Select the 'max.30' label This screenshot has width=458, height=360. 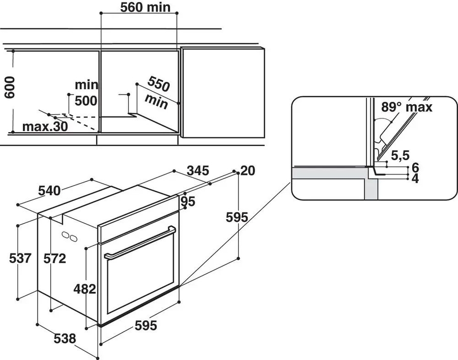(x=44, y=127)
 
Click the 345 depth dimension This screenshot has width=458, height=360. (x=198, y=171)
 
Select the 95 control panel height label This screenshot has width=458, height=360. (x=188, y=202)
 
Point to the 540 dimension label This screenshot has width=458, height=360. (x=50, y=191)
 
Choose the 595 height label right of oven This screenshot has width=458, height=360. (x=237, y=217)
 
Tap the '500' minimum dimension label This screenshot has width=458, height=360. (x=85, y=100)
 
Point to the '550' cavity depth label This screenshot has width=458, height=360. (x=158, y=83)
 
